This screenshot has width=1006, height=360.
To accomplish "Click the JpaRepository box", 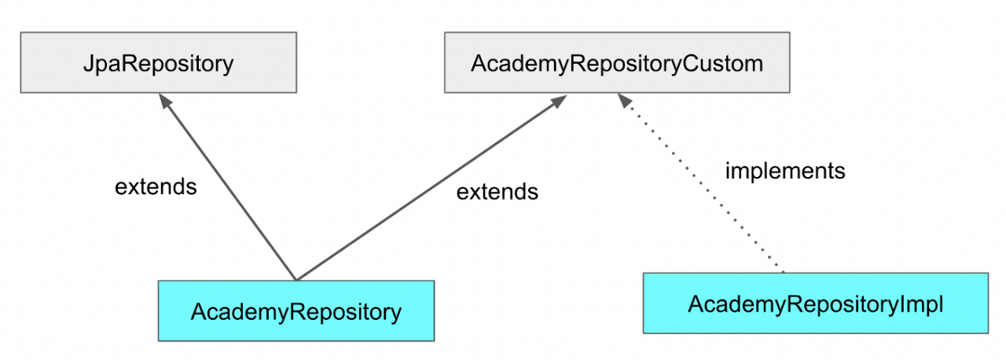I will [158, 62].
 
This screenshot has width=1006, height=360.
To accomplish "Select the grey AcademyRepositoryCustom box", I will [616, 62].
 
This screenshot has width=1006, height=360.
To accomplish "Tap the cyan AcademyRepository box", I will [296, 310].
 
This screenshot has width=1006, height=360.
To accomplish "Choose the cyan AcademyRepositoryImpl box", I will [815, 303].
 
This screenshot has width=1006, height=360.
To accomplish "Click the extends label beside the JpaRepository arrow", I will [156, 187].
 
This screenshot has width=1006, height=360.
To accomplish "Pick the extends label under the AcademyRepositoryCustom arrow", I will [497, 191].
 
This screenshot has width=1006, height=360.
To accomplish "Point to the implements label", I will [784, 171].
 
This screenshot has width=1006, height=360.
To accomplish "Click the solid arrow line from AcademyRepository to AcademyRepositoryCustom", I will [428, 189].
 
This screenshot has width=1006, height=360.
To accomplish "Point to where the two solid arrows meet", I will [296, 278].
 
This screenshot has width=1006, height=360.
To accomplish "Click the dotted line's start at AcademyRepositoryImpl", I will [784, 271].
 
